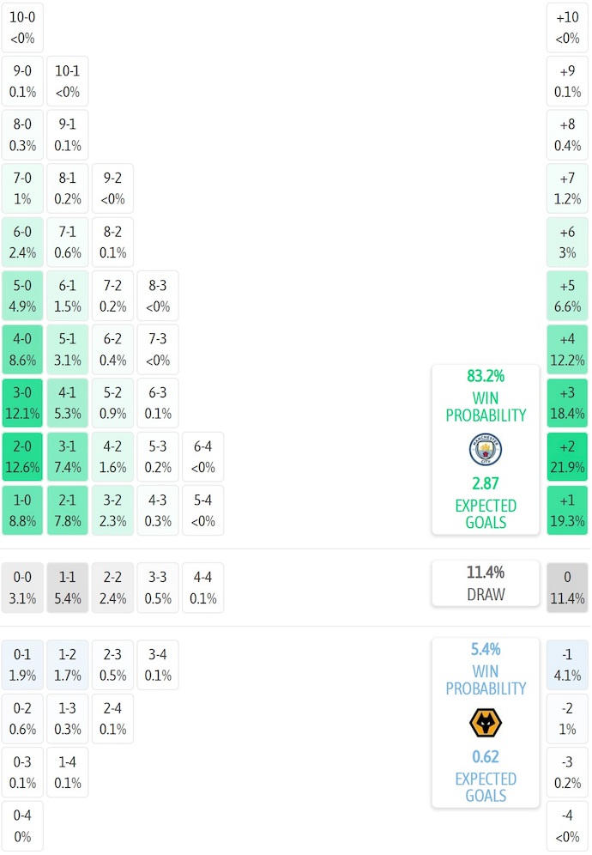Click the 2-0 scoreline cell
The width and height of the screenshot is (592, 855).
[22, 457]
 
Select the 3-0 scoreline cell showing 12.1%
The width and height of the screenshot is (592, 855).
[22, 403]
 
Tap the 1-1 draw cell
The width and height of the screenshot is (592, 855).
[68, 588]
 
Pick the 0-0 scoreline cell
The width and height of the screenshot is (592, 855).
[22, 588]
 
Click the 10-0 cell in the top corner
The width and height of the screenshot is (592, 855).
[22, 27]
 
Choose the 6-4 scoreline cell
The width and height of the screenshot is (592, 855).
[203, 457]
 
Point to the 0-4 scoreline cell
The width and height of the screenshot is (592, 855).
[22, 827]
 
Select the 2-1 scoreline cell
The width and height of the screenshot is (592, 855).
[68, 511]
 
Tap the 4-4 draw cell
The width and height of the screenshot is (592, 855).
[203, 588]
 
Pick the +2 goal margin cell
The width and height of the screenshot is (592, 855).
[567, 457]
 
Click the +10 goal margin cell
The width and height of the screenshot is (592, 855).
[567, 27]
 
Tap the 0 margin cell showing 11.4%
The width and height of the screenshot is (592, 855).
[567, 588]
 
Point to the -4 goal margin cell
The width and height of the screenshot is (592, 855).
[567, 827]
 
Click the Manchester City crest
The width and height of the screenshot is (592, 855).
[486, 450]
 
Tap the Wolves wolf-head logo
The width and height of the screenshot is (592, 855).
[486, 723]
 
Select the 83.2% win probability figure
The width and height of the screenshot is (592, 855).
[486, 376]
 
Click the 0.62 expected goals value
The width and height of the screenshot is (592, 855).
[486, 757]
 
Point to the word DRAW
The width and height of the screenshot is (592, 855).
[486, 594]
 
